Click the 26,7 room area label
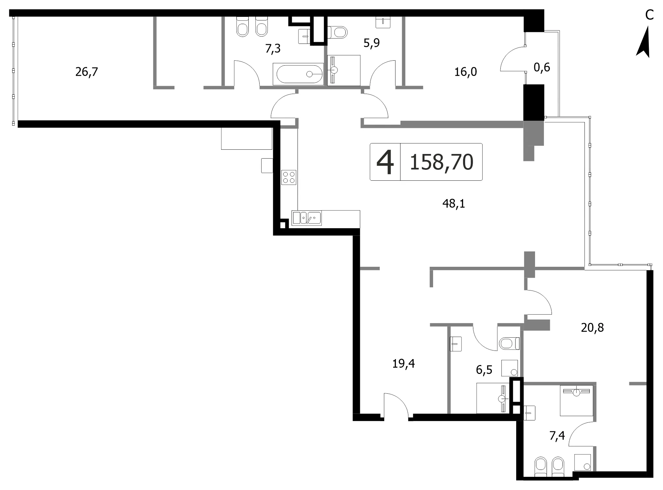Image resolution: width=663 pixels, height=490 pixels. [87, 72]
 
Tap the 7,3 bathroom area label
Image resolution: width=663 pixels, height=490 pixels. [273, 48]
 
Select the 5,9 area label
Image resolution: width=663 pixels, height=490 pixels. [372, 43]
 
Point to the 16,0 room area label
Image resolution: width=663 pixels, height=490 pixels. [466, 72]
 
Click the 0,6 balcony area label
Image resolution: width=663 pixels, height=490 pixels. [542, 67]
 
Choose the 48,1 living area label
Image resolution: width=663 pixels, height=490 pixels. [454, 204]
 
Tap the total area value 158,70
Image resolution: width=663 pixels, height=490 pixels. [441, 162]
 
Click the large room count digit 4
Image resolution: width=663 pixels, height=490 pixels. [385, 162]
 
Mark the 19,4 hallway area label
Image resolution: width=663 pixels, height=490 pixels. [403, 364]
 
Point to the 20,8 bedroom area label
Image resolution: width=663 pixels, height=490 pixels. [592, 327]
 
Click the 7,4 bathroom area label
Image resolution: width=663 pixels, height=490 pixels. [557, 436]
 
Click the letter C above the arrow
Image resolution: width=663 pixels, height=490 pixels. [649, 15]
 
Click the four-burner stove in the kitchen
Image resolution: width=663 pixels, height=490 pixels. [289, 177]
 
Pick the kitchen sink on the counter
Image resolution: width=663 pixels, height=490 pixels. [307, 218]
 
